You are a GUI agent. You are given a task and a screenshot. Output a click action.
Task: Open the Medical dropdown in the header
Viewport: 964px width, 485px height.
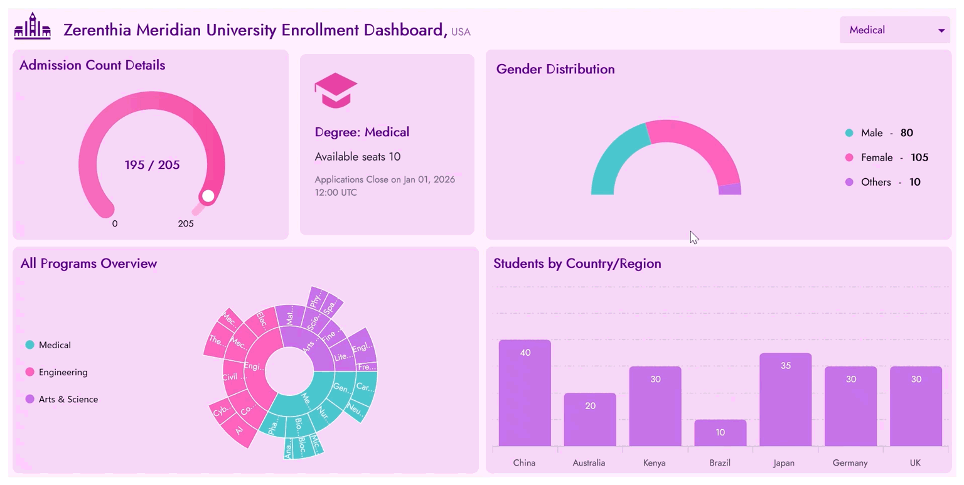coord(894,30)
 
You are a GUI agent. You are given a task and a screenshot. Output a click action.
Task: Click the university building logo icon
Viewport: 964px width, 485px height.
coord(32,26)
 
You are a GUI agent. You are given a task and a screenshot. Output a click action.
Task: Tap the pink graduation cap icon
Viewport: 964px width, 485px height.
coord(336,90)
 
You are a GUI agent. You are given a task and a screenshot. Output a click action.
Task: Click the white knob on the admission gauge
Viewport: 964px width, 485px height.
coord(208,196)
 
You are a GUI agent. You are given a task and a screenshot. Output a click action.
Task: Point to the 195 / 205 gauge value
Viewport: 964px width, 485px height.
coord(152,165)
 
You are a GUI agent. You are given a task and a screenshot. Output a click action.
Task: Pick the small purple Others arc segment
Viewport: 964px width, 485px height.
coord(729,189)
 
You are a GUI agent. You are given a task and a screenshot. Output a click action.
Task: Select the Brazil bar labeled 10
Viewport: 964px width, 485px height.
coord(720,433)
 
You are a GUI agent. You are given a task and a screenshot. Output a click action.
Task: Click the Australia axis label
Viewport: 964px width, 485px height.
coord(589,463)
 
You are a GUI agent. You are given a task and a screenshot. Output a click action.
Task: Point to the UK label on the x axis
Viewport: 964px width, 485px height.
coord(915,463)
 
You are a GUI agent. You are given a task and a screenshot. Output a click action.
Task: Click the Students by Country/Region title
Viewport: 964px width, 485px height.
coord(577,264)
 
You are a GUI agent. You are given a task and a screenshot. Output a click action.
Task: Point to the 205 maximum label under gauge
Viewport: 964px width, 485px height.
coord(186,224)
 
